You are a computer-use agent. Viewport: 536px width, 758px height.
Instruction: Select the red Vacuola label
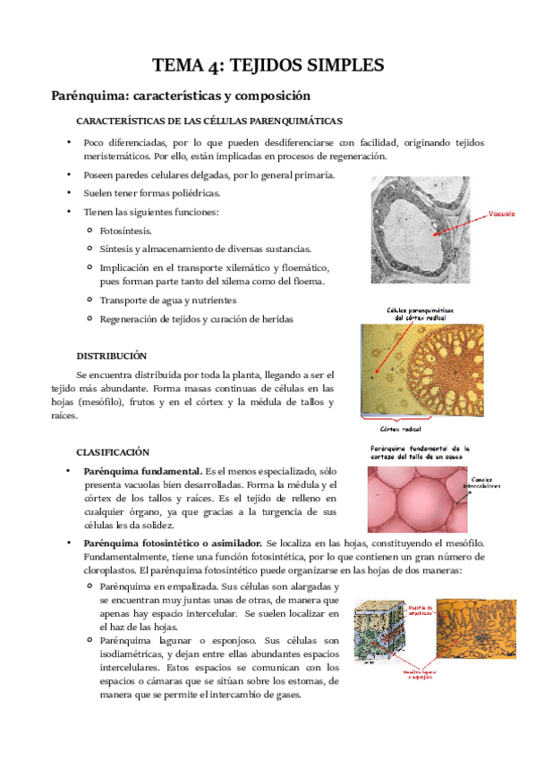[502, 214]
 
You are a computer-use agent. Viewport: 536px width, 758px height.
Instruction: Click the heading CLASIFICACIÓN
[113, 451]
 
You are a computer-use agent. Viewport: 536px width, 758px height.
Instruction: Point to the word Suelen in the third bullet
[99, 192]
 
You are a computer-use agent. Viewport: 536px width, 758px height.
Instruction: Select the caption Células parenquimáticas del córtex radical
[420, 314]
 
